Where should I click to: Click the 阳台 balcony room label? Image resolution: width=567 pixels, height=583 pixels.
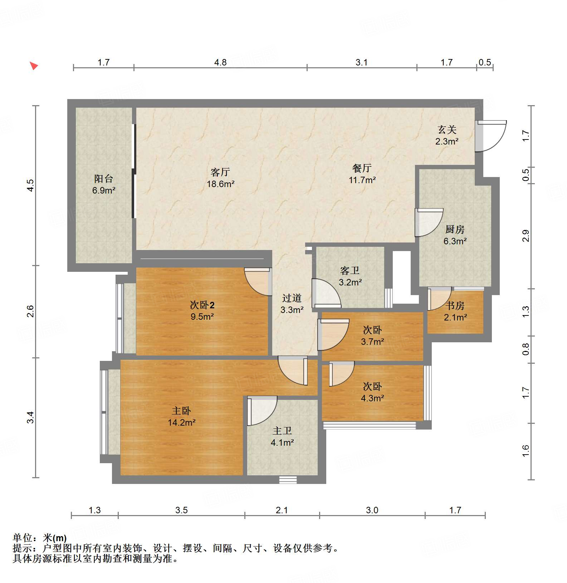(x=103, y=178)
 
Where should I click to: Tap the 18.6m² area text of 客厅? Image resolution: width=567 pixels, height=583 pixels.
(x=220, y=184)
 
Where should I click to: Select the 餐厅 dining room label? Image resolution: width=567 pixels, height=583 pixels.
(x=362, y=168)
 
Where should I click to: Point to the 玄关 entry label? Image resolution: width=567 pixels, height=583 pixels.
(x=447, y=129)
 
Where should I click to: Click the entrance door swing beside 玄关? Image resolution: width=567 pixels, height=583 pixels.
(x=492, y=136)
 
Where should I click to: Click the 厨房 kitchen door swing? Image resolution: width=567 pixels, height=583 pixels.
(x=429, y=222)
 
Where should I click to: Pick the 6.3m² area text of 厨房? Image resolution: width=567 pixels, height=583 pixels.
(x=455, y=241)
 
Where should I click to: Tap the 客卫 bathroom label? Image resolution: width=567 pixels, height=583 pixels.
(x=350, y=270)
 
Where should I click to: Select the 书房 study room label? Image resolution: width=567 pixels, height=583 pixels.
(x=455, y=305)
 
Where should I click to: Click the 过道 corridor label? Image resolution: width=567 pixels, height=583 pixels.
(x=292, y=298)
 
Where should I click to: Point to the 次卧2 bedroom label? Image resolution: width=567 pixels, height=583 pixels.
(x=202, y=305)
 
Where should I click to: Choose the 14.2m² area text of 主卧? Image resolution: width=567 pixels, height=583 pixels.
(x=181, y=423)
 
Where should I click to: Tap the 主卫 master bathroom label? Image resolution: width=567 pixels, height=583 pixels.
(x=282, y=431)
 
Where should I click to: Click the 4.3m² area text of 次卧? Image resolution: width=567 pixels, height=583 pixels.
(x=372, y=398)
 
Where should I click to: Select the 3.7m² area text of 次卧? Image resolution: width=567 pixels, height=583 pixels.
(x=372, y=342)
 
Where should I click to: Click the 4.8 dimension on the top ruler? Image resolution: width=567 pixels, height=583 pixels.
(x=220, y=62)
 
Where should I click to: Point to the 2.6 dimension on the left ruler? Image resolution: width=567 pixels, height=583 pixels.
(x=31, y=311)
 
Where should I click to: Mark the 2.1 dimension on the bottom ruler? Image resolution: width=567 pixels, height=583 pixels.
(x=282, y=510)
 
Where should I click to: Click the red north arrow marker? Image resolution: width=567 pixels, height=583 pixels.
(x=34, y=66)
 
